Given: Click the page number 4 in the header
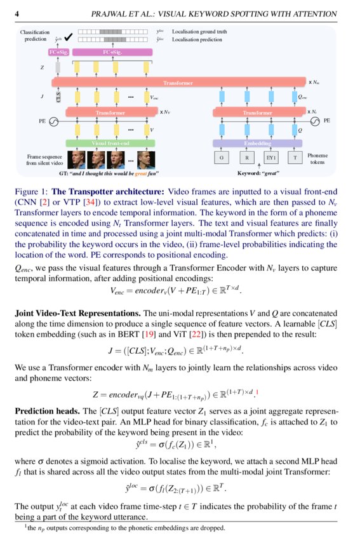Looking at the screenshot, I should [x=17, y=13].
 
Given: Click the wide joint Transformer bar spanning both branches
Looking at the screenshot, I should [x=178, y=83].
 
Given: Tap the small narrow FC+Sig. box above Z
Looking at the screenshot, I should [x=58, y=53].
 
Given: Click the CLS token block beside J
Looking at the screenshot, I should [x=58, y=98].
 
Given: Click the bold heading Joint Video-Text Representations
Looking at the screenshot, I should [x=77, y=313].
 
